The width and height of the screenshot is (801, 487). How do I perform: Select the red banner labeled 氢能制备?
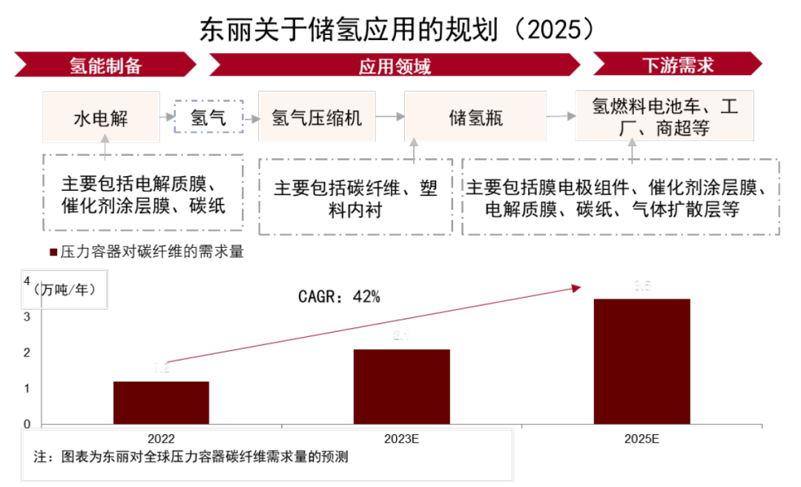pos(105,65)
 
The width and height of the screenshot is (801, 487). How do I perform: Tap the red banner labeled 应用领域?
pos(395,65)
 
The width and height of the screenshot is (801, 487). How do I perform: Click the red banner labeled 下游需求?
pos(677,65)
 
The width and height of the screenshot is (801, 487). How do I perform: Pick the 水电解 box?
pos(101,117)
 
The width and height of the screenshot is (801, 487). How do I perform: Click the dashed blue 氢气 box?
pos(208,117)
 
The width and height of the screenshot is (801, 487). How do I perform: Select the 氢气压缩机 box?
pos(317,117)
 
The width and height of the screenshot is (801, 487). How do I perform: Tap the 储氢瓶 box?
pos(475,117)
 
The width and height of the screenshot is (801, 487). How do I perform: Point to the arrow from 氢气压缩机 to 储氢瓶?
pos(390,117)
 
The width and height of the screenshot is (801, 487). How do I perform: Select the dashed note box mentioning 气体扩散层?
pos(620,197)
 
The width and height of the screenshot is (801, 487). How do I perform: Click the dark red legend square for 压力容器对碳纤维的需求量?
pos(53,252)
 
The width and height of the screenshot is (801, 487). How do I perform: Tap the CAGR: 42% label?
pos(339,297)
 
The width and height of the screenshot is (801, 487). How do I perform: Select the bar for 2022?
pos(161,402)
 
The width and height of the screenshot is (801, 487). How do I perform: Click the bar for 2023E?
pos(401,386)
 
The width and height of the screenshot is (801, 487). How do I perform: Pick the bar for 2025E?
pos(642,361)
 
